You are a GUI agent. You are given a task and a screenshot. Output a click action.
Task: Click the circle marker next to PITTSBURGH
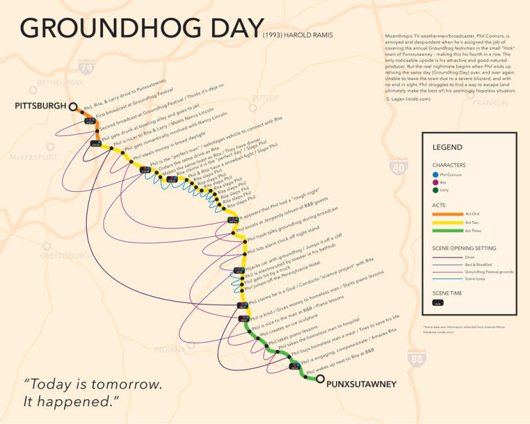click(x=73, y=106)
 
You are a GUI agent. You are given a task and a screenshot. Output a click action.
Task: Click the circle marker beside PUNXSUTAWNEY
click(x=320, y=378)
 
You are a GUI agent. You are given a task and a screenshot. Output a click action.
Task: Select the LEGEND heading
click(x=447, y=148)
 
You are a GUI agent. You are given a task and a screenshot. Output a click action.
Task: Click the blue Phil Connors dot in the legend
click(x=435, y=175)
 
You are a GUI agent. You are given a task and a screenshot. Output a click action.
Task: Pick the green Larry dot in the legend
click(x=435, y=190)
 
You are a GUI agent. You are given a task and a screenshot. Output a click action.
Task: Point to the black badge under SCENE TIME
click(x=438, y=302)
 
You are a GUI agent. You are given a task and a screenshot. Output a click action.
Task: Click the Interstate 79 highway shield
click(x=87, y=68)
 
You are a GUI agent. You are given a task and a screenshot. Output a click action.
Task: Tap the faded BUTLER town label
click(x=266, y=98)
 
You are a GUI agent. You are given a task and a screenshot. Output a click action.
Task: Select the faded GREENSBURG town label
click(x=64, y=256)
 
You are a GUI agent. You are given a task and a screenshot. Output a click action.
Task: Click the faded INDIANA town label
click(x=169, y=349)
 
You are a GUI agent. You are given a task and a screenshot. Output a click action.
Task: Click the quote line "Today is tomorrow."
click(x=94, y=384)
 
